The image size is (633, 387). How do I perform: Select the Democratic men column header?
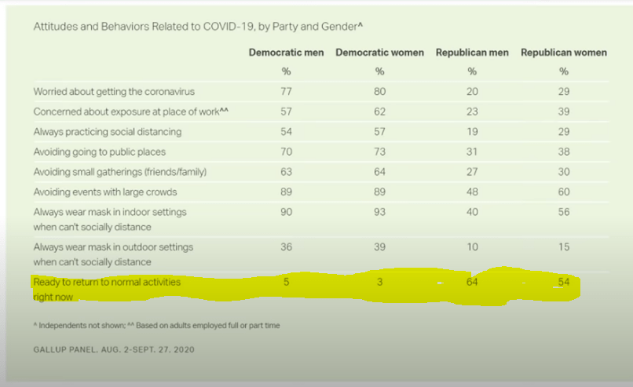[x=287, y=53]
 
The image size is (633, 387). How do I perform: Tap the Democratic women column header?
[x=379, y=53]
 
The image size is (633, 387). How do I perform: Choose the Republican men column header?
[x=472, y=53]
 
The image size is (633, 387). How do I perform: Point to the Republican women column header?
[x=563, y=53]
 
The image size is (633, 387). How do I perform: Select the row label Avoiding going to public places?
[x=100, y=152]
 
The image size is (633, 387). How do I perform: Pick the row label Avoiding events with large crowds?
[x=105, y=192]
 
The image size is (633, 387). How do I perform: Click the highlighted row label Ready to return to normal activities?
[x=107, y=282]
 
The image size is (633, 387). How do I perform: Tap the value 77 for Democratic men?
[x=287, y=92]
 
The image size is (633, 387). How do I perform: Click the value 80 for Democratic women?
[x=379, y=92]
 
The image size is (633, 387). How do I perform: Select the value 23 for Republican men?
[x=472, y=111]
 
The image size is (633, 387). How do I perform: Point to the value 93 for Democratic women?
[x=379, y=212]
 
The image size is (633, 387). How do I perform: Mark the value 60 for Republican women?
[x=563, y=192]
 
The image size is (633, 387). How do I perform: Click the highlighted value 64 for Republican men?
[x=472, y=282]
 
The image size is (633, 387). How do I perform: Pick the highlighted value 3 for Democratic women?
[x=379, y=282]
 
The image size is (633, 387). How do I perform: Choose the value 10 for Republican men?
[x=472, y=247]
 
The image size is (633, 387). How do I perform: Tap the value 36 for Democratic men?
[x=287, y=247]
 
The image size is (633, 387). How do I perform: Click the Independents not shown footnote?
[x=157, y=325]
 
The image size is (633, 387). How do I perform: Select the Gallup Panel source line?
[x=114, y=349]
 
